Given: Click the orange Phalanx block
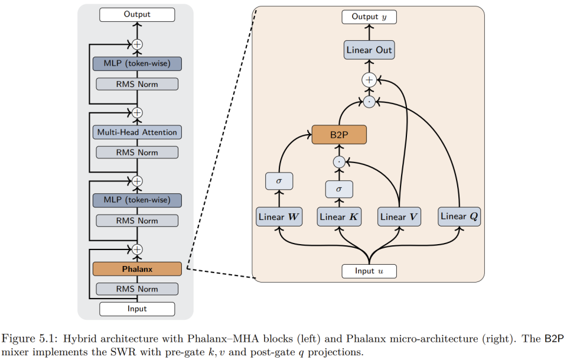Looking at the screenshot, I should click(x=137, y=269).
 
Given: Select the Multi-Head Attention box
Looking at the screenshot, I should click(x=137, y=132).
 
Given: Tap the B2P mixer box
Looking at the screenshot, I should click(x=339, y=134).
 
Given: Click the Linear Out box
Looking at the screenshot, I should click(x=369, y=50).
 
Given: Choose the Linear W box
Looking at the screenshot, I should click(x=279, y=217).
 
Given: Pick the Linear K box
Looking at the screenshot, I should click(x=339, y=217).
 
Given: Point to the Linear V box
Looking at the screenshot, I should click(x=400, y=217).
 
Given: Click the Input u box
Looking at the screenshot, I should click(x=369, y=271).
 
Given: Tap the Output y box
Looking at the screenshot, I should click(x=369, y=17).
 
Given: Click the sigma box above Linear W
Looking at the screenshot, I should click(x=279, y=180).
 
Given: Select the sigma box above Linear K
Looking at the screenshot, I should click(x=339, y=189).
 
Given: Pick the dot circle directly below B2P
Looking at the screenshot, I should click(x=339, y=161).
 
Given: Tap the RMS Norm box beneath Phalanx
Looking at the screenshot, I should click(x=137, y=289).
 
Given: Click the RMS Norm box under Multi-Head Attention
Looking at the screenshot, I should click(x=137, y=153).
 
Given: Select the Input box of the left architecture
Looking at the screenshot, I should click(x=137, y=309).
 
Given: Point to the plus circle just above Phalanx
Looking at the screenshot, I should click(x=137, y=249).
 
